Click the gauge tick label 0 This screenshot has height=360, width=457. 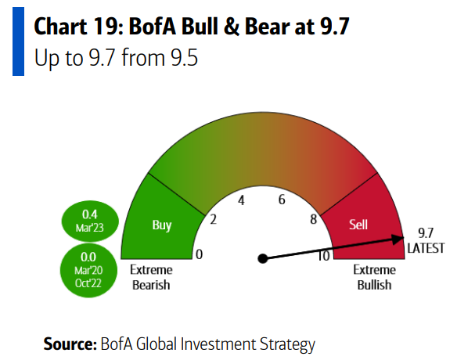pos(199,254)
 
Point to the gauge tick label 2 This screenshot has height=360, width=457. pos(214,219)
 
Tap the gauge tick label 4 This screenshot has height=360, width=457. pos(241,200)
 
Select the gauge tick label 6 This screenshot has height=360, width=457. pos(282,200)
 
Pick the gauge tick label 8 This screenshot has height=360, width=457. pos(313,219)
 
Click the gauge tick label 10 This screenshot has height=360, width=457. pos(324,256)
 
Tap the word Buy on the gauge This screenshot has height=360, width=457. pos(162,225)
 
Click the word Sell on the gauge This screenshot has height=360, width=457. pos(358,225)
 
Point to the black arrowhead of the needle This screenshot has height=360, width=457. pos(398,239)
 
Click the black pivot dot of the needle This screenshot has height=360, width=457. pos(263,258)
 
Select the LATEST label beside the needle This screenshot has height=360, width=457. pos(426,249)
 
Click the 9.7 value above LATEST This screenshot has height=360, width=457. pos(426,233)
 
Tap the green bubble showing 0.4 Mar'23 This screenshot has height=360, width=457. pos(90,221)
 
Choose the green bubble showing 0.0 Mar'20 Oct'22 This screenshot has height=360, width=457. pos(88,270)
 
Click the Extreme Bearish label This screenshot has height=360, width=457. pos(151,278)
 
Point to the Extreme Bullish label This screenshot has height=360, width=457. pos(375,278)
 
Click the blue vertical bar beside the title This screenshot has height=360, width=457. pos(18,41)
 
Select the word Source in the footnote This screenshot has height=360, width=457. pos(70,344)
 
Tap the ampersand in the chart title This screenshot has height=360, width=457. pos(232,27)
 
